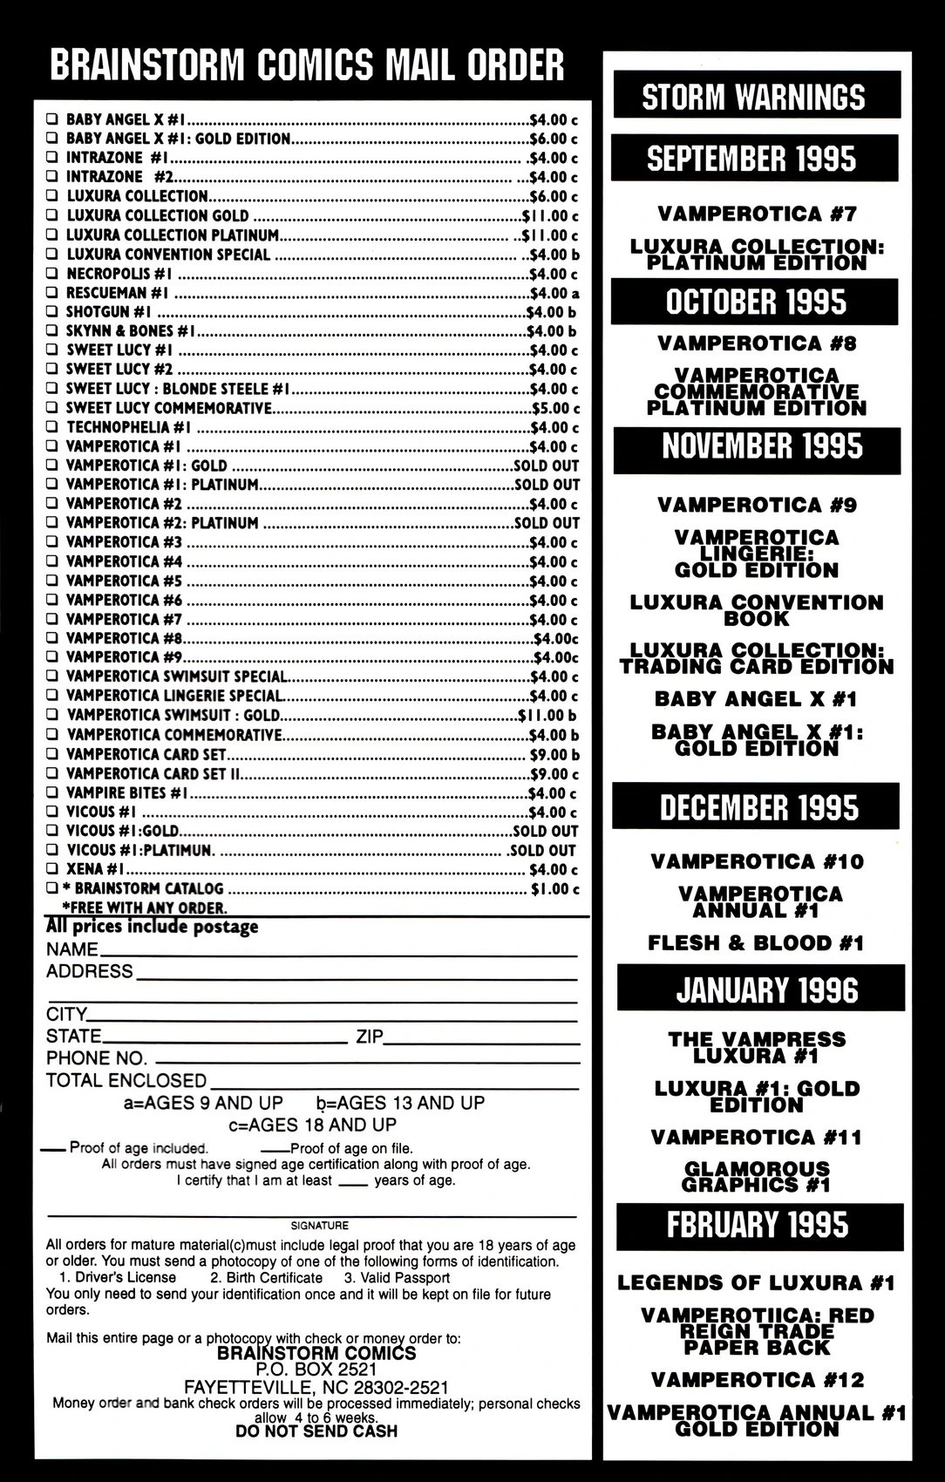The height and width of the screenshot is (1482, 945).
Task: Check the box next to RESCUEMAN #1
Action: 52,293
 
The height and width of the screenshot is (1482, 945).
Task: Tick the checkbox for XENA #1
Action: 52,869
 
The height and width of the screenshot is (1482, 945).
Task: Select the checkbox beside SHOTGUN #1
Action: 52,312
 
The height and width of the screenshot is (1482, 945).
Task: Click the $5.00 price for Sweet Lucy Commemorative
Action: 555,408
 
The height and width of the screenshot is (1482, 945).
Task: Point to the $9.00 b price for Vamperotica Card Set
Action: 554,754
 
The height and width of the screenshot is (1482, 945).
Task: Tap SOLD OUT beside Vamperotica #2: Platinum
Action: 547,523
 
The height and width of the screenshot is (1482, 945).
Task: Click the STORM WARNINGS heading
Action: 753,97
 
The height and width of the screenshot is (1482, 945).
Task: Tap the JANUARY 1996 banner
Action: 767,990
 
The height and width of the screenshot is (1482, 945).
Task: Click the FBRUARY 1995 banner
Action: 757,1224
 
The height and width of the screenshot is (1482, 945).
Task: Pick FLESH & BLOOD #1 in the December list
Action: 756,942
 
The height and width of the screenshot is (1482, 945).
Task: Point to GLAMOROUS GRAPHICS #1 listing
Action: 757,1176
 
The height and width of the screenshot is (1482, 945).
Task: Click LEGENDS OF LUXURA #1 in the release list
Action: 756,1282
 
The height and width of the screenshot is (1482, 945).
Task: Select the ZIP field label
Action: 370,1037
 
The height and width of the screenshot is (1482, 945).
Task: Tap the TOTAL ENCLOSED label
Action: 126,1080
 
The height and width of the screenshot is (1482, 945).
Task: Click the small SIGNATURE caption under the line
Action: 319,1225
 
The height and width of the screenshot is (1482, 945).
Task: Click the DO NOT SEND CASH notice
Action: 316,1431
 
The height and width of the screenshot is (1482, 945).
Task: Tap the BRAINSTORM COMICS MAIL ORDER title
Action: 307,65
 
